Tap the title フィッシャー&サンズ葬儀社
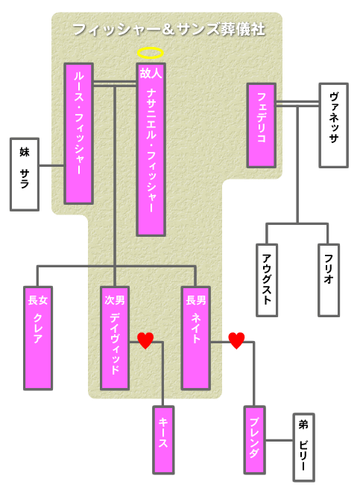[x=168, y=30]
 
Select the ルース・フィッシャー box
[x=79, y=134]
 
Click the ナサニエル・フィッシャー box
[x=151, y=150]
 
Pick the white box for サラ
[x=25, y=174]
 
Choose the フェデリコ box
[x=261, y=125]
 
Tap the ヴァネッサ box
[x=334, y=125]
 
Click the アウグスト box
[x=267, y=280]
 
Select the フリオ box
[x=329, y=280]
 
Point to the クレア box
[x=38, y=338]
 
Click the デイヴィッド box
[x=115, y=338]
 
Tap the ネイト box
[x=196, y=338]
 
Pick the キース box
[x=163, y=440]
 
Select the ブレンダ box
[x=255, y=440]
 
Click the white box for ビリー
[x=303, y=448]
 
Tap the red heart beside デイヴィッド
[x=145, y=340]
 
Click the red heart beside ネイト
[x=236, y=340]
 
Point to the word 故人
[x=151, y=74]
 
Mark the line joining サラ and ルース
[x=51, y=165]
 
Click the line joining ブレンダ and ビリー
[x=280, y=441]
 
